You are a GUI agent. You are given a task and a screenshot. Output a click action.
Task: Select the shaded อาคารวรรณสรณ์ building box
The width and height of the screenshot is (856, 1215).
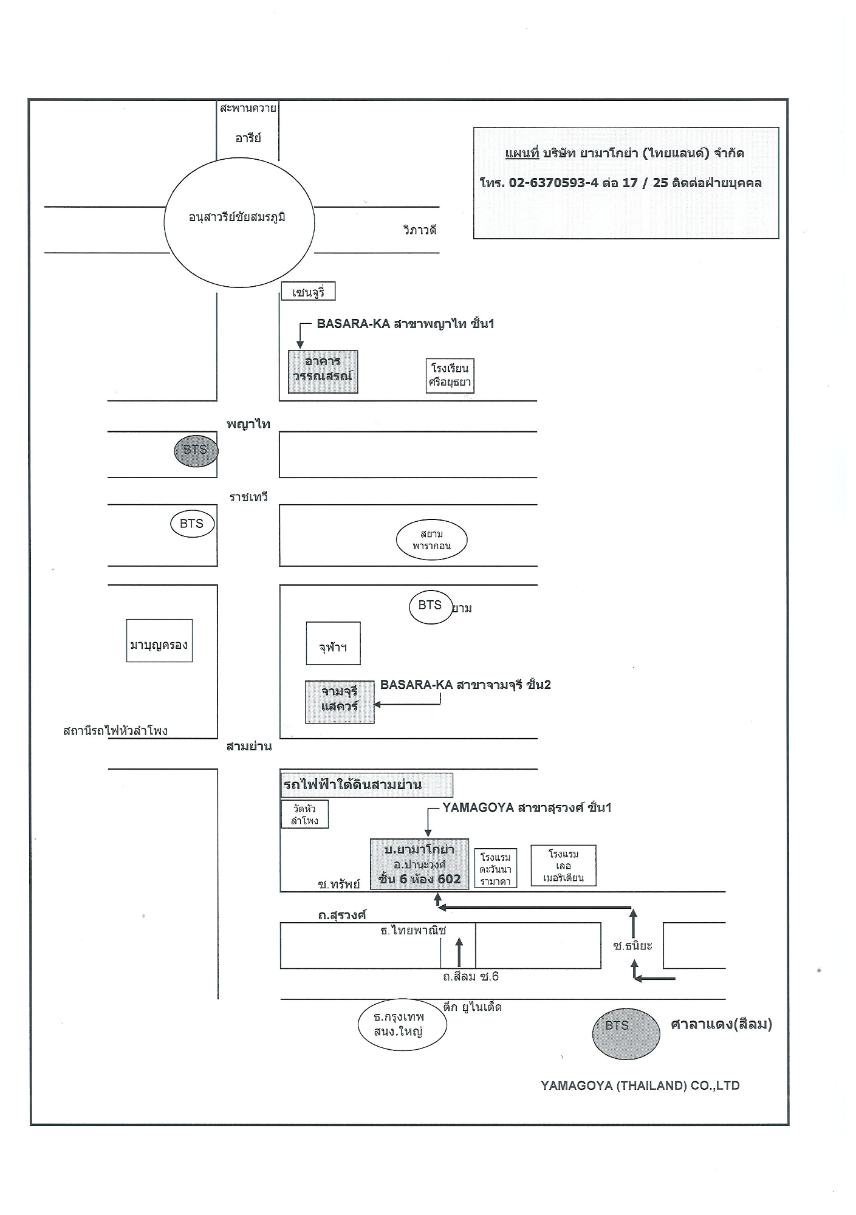pos(323,372)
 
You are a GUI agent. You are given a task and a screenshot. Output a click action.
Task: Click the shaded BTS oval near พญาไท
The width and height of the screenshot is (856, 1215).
pos(196,451)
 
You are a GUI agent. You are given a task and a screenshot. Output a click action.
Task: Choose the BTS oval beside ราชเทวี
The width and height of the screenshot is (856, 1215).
pos(193,524)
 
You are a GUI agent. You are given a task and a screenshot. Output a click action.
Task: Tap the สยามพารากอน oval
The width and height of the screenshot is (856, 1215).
pos(431,539)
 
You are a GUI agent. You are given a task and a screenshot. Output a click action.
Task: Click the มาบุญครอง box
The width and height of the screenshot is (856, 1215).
pos(159,640)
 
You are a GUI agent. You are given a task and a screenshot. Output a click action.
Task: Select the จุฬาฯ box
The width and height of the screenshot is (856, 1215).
pos(333,643)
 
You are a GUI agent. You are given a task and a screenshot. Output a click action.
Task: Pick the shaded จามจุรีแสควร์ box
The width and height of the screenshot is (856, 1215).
pos(340,702)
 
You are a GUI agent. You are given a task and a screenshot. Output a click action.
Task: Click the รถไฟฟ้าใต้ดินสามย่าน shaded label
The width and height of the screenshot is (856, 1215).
pos(367,785)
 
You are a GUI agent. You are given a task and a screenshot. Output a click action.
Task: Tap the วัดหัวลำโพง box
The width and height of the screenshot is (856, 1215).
pos(304,814)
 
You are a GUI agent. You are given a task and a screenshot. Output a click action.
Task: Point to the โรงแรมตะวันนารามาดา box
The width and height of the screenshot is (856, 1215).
pos(496,868)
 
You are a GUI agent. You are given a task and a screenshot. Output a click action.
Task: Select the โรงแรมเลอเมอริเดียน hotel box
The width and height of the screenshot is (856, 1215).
pos(564,866)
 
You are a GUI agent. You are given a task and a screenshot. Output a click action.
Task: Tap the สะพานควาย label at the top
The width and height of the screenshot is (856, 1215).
pos(248,109)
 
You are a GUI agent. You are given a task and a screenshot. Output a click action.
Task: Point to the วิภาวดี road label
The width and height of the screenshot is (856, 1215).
pos(420,230)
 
